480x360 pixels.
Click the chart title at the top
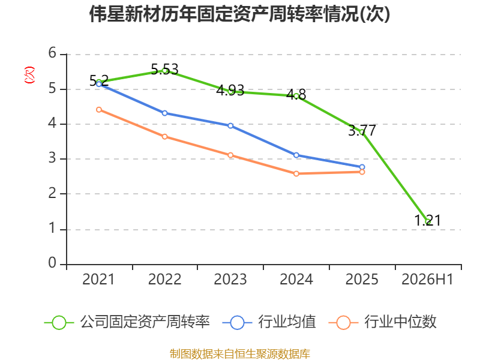(239, 14)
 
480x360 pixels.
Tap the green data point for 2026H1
(428, 221)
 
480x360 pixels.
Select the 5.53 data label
(164, 70)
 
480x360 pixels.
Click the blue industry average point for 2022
(164, 113)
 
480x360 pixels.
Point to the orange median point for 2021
(99, 110)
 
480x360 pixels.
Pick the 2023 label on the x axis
(230, 279)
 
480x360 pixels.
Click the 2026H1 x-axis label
(427, 279)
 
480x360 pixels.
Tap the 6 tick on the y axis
(52, 53)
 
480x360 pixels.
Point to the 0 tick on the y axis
(52, 263)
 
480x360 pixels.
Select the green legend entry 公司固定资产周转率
(127, 322)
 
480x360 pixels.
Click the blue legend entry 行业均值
(269, 322)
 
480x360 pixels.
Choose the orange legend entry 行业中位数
(382, 322)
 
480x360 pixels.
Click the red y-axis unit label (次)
(29, 75)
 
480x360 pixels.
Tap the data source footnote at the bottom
(240, 354)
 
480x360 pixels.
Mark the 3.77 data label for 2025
(362, 131)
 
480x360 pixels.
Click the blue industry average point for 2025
(362, 167)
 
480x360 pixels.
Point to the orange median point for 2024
(296, 173)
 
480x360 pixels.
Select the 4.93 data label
(230, 91)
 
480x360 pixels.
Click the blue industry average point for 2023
(230, 126)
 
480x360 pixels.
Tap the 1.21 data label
(428, 220)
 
